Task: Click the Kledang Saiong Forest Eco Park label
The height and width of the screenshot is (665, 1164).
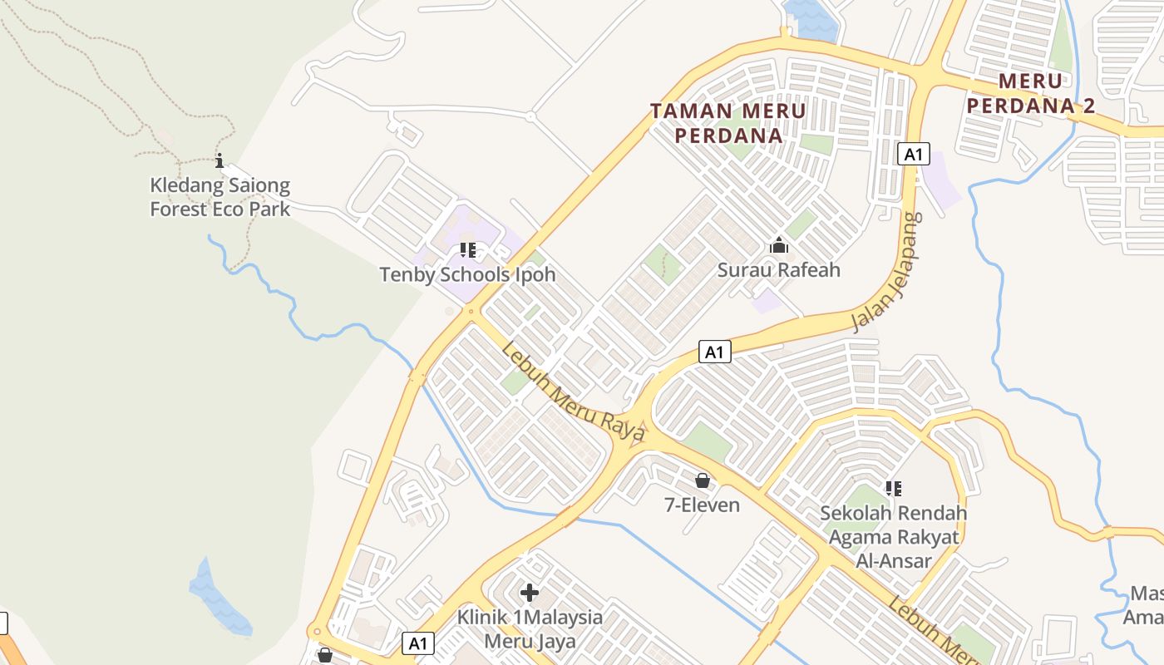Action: [x=220, y=197]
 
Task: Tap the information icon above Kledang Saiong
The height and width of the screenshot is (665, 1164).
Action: [x=219, y=160]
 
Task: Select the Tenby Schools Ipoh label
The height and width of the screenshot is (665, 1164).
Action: [x=467, y=274]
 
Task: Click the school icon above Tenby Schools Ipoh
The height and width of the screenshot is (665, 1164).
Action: [x=467, y=249]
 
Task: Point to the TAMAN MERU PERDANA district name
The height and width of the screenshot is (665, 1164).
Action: [x=728, y=123]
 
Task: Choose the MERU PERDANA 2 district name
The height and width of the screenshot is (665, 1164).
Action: [x=1031, y=93]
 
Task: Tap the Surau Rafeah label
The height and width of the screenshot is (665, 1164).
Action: [x=779, y=270]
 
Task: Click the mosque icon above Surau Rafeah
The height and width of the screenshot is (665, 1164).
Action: [x=779, y=245]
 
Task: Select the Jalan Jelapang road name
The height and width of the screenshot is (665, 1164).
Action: [x=888, y=273]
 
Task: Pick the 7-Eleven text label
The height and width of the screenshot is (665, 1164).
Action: [x=703, y=505]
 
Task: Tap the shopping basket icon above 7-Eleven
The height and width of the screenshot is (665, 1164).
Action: [x=703, y=480]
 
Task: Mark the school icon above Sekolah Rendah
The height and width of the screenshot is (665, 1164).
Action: [x=894, y=489]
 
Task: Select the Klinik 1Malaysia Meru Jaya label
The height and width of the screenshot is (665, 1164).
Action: [x=530, y=629]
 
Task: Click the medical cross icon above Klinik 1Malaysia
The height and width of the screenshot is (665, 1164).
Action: [x=530, y=593]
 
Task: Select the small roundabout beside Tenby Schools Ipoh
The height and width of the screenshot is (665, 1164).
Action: [x=471, y=313]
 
